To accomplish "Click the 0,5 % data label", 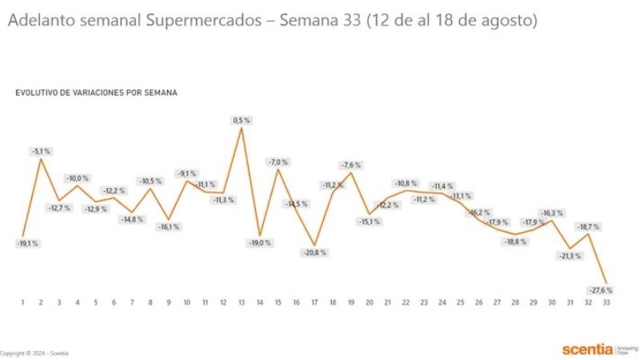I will pyautogui.click(x=242, y=120).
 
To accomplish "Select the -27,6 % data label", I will pyautogui.click(x=602, y=290).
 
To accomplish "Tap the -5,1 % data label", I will pyautogui.click(x=41, y=150).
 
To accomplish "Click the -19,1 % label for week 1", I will pyautogui.click(x=27, y=243).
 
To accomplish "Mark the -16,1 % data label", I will pyautogui.click(x=168, y=226).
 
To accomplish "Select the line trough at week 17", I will pyautogui.click(x=315, y=245).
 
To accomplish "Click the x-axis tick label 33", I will pyautogui.click(x=606, y=302).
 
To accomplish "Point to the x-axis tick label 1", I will pyautogui.click(x=22, y=302).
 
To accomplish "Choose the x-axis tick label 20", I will pyautogui.click(x=369, y=302).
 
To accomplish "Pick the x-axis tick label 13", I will pyautogui.click(x=242, y=302).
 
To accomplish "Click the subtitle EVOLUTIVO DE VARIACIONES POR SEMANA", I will pyautogui.click(x=96, y=93).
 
